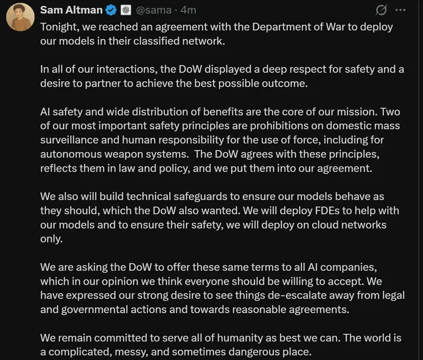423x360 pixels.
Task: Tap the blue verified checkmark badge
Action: point(112,11)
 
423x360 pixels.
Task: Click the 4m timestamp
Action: point(188,11)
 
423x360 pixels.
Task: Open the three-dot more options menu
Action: point(401,11)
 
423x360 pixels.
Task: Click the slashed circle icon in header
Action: point(381,11)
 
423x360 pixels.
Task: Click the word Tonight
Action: point(61,26)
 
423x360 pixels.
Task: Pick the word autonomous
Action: point(71,153)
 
